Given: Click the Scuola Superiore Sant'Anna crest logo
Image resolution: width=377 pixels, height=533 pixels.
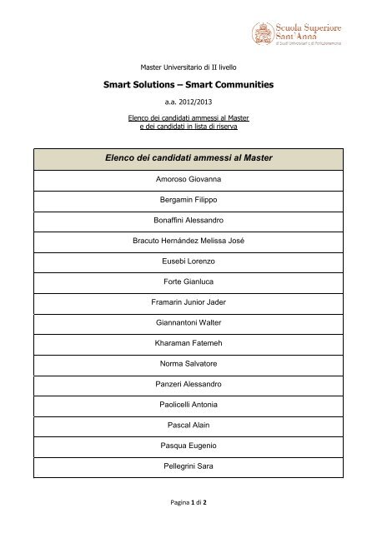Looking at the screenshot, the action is click(x=263, y=34).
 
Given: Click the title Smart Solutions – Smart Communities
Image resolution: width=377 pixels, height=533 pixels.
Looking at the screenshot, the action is click(x=188, y=84).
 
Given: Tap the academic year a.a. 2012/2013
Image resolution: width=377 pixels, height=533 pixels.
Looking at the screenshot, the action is click(x=188, y=102).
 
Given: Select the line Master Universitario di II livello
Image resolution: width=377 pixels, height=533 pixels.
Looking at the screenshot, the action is click(x=188, y=66).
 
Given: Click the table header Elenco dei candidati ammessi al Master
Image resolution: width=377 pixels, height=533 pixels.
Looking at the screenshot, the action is click(x=188, y=157).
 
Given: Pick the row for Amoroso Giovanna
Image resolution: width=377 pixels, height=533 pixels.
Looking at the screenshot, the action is click(x=188, y=179).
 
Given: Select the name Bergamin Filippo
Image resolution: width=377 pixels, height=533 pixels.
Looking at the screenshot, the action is click(x=188, y=200).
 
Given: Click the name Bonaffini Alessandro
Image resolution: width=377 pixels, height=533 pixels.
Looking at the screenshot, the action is click(x=188, y=221).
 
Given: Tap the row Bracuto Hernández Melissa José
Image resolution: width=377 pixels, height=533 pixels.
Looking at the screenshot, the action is click(x=188, y=242).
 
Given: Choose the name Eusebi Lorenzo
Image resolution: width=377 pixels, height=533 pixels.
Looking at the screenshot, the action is click(x=188, y=262).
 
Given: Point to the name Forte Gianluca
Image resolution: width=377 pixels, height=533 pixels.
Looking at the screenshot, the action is click(x=188, y=283).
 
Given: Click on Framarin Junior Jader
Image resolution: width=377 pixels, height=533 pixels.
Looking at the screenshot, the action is click(x=188, y=304).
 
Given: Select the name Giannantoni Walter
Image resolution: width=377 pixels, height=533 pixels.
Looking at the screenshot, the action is click(x=188, y=324).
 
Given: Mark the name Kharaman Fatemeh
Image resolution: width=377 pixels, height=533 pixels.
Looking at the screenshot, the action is click(x=188, y=345).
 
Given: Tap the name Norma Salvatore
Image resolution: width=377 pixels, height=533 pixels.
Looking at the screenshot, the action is click(x=188, y=364).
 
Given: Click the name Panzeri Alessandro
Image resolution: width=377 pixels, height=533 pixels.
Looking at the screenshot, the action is click(x=188, y=385).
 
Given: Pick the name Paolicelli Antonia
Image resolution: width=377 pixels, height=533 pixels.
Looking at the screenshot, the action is click(x=188, y=405).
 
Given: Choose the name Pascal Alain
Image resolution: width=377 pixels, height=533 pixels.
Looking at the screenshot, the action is click(x=188, y=425).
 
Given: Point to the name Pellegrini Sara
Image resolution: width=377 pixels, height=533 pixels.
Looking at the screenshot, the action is click(x=188, y=466).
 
